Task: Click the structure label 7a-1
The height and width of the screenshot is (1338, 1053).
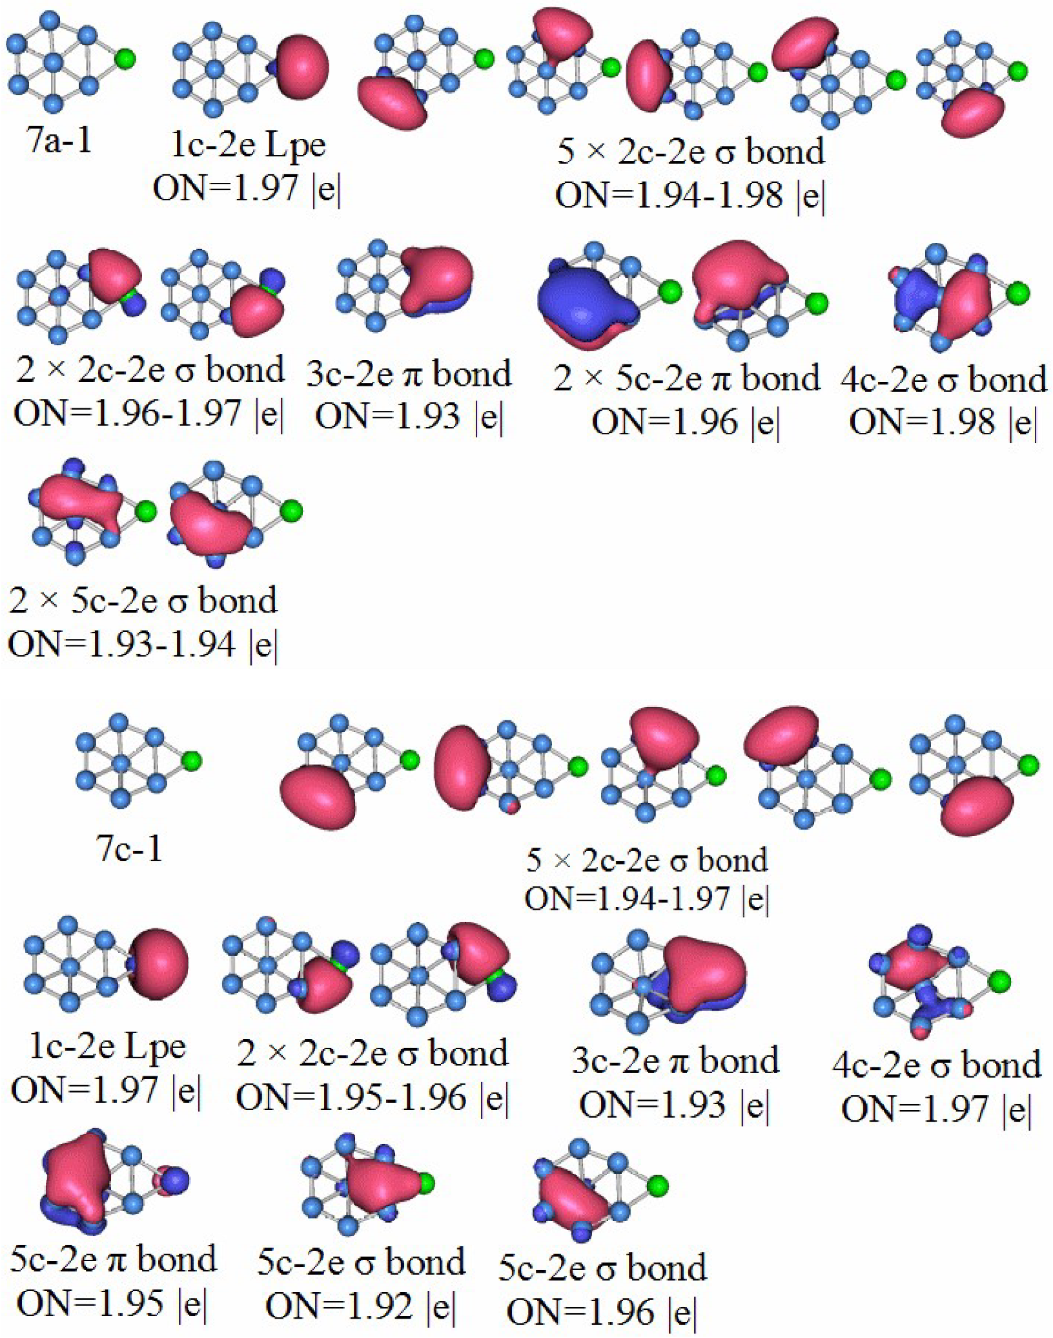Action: tap(60, 141)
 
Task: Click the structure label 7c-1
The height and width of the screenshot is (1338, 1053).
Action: tap(130, 848)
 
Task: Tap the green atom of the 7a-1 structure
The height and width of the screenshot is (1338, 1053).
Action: tap(126, 59)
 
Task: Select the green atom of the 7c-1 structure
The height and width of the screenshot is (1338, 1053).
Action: tap(191, 760)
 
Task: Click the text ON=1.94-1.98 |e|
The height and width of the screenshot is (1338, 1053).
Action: tap(690, 194)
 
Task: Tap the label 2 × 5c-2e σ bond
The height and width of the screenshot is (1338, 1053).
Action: tap(143, 600)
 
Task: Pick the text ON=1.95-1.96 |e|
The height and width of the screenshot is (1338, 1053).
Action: tap(373, 1097)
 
